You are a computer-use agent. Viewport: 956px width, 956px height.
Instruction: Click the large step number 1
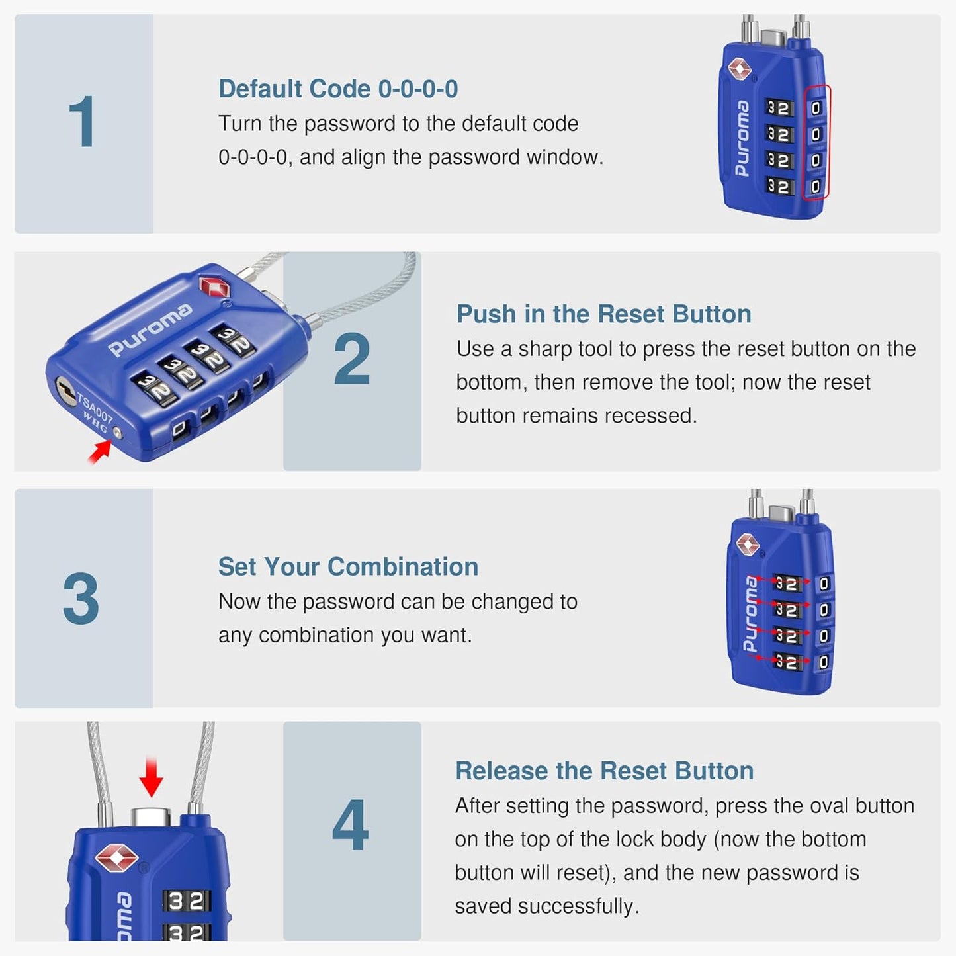point(83,122)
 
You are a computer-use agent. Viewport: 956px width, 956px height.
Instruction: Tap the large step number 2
point(351,360)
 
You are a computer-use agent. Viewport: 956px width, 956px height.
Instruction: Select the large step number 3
point(81,599)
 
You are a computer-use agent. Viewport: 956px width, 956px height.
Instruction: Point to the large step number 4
point(351,825)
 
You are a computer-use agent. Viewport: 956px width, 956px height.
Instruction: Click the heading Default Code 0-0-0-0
point(338,89)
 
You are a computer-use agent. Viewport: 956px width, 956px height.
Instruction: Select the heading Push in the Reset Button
point(603,314)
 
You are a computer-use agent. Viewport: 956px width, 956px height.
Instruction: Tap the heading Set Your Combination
point(348,567)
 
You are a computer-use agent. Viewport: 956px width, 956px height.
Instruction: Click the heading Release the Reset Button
point(604,771)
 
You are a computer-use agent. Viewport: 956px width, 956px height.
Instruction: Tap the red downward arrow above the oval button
point(152,777)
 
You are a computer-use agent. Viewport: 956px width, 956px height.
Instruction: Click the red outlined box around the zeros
point(816,142)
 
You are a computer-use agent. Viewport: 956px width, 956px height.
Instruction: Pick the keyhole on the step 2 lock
point(64,388)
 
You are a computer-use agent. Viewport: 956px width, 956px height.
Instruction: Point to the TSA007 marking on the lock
point(95,409)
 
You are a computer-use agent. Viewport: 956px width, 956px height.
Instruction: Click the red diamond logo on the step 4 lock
point(116,858)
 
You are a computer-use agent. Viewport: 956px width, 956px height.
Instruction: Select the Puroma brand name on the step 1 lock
point(742,138)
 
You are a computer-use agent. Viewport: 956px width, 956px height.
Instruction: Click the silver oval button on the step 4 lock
point(151,817)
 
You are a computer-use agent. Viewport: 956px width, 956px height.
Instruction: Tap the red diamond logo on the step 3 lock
point(748,544)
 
